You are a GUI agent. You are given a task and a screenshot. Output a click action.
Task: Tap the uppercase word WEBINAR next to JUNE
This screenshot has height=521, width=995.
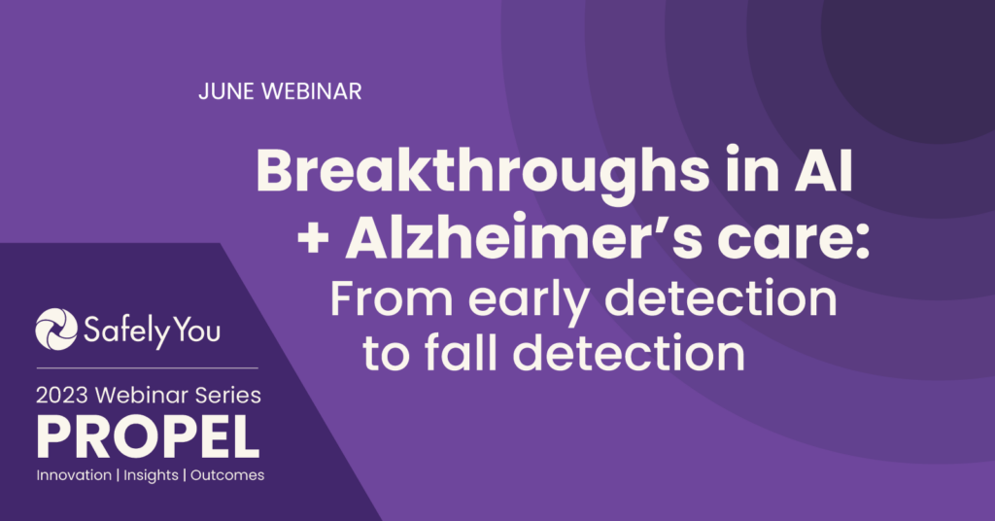click(x=312, y=91)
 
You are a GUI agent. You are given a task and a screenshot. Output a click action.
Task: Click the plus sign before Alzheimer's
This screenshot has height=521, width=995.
click(x=313, y=240)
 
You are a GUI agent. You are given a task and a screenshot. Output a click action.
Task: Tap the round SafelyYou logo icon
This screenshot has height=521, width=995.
click(x=55, y=330)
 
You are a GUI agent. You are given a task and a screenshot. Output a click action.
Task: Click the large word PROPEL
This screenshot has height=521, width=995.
click(x=149, y=437)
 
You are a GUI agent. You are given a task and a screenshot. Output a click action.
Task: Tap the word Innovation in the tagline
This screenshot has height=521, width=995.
click(x=74, y=475)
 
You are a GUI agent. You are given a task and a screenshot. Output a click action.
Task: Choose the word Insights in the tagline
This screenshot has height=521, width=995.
click(x=151, y=476)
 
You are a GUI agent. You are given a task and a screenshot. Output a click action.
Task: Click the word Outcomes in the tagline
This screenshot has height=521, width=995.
click(x=227, y=475)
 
